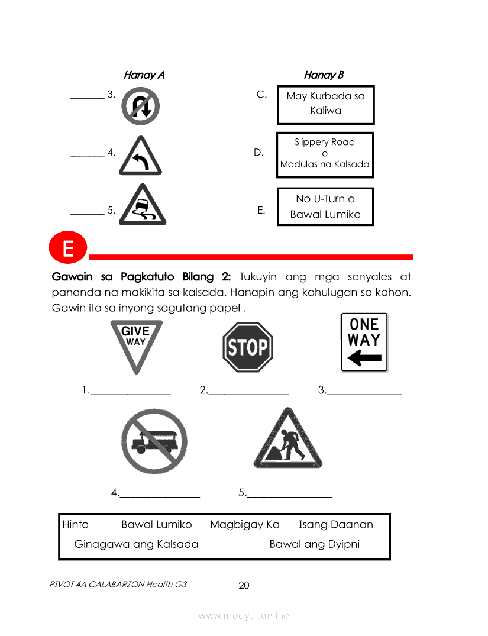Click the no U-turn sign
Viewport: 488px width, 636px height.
pos(140,106)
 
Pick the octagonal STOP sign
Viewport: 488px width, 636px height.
pos(248,347)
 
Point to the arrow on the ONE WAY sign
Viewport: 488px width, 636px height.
pos(365,358)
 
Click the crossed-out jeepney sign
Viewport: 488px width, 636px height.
pos(154,441)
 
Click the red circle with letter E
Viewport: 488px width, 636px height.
pos(68,247)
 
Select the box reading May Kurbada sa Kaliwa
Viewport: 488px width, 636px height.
pos(325,105)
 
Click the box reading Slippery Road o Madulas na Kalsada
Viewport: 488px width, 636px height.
pos(325,155)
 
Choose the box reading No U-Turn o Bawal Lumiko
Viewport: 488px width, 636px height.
pos(325,206)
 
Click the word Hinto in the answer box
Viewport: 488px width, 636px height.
pos(76,524)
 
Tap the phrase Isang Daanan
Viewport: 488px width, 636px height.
pos(336,524)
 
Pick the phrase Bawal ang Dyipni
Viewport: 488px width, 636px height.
pos(314,544)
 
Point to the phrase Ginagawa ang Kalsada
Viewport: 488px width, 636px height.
pos(136,544)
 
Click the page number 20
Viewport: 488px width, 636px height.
pos(244,585)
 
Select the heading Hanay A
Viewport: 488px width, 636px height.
pos(144,75)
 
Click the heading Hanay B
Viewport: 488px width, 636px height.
pos(324,75)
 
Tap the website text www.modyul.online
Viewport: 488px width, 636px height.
pos(244,616)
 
